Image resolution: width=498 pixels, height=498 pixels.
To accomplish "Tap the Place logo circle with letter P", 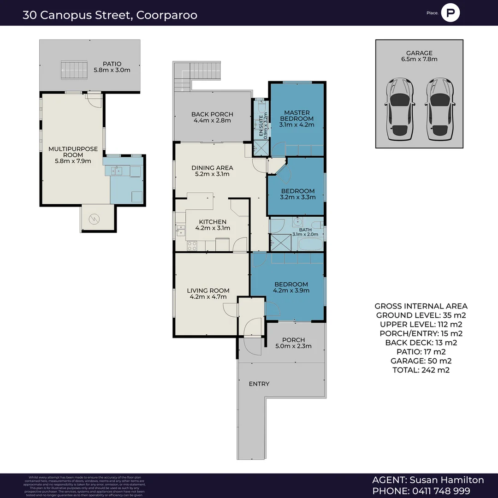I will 450,13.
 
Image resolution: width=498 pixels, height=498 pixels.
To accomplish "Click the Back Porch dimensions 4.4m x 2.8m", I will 212,121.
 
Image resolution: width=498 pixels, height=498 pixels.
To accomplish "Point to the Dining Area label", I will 212,168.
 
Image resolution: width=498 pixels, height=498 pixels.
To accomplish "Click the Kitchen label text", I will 213,222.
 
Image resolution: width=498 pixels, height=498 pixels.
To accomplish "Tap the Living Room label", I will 208,290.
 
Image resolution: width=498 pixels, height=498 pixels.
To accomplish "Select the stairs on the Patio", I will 74,70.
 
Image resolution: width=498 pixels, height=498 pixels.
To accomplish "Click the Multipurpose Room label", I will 73,152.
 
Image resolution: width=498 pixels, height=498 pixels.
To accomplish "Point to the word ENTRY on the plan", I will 259,384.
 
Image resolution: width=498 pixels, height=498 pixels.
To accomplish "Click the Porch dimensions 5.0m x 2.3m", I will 293,346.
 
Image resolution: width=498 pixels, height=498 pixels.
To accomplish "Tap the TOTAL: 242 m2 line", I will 421,370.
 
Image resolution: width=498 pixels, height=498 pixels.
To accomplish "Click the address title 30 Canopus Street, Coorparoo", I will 110,15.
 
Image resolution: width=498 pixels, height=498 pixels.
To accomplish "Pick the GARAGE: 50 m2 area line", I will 421,361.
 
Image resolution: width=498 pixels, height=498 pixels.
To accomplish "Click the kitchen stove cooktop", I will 192,246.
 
